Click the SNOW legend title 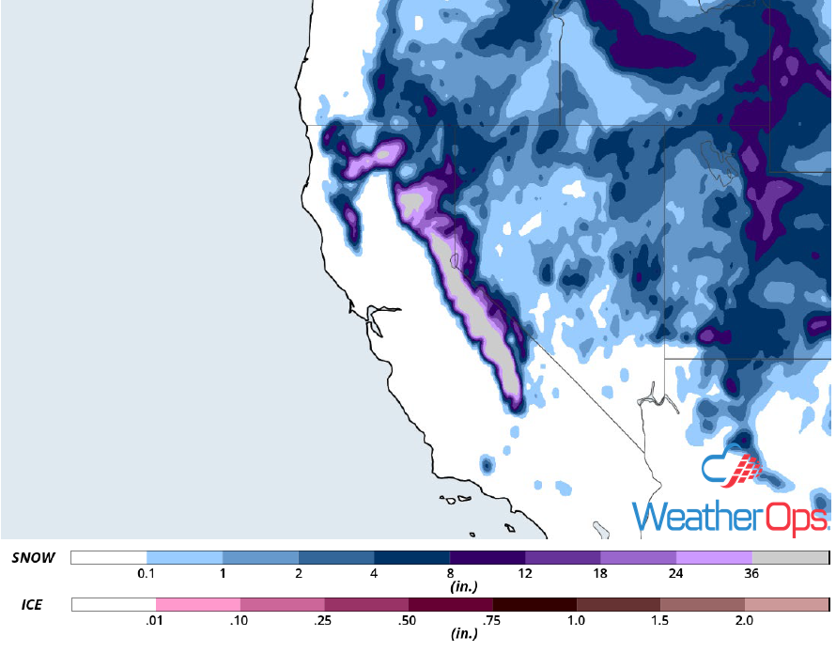[34, 557]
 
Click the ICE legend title [31, 605]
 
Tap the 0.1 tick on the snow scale [146, 574]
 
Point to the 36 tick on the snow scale [752, 574]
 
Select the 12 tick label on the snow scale [525, 574]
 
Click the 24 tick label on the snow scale [676, 574]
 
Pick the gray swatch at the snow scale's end [790, 557]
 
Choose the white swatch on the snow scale [109, 557]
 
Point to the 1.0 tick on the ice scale [576, 621]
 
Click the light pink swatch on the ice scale [198, 604]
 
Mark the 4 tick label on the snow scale [374, 574]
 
